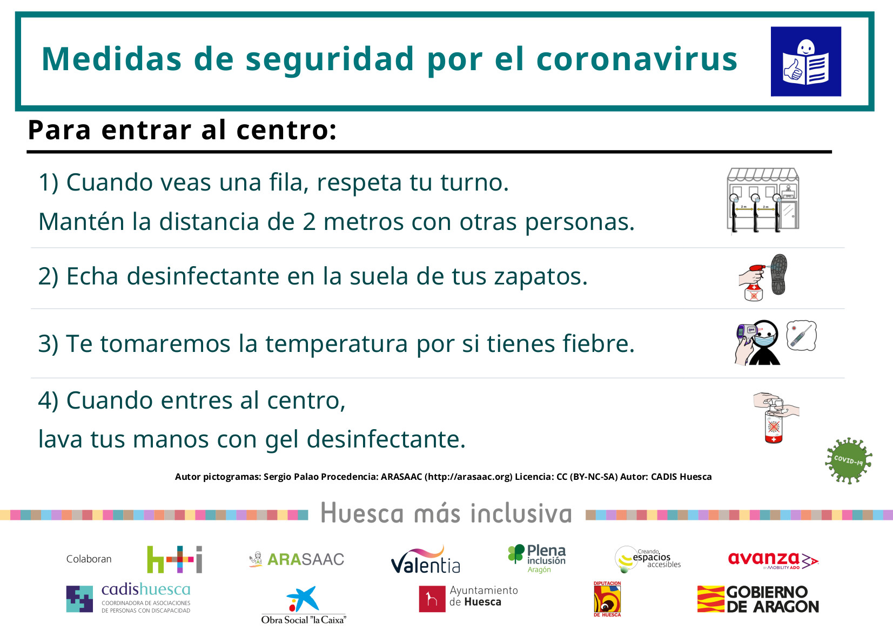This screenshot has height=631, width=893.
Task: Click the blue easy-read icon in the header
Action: (x=805, y=62)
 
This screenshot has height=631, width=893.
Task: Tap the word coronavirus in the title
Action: (x=637, y=59)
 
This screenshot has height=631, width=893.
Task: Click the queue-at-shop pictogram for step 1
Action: (x=763, y=200)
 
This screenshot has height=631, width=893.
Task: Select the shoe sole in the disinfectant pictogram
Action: (x=779, y=274)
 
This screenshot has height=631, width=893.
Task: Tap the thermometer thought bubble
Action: (x=801, y=335)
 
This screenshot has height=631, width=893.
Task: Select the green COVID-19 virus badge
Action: (x=848, y=460)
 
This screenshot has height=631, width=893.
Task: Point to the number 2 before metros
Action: (x=309, y=222)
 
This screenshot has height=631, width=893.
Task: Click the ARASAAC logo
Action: (x=296, y=559)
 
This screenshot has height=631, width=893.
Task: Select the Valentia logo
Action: (x=425, y=560)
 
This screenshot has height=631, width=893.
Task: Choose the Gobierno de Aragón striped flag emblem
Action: (x=711, y=599)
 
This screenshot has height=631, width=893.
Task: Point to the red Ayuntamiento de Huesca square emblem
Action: (x=432, y=599)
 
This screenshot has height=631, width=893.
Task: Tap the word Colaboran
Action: (x=89, y=559)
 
